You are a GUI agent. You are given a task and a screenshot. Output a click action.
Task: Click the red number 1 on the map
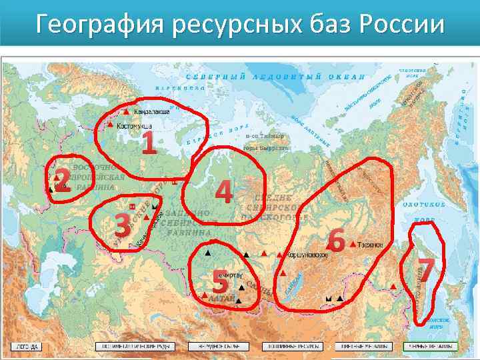click(x=149, y=142)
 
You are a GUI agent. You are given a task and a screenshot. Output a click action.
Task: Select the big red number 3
click(x=122, y=227)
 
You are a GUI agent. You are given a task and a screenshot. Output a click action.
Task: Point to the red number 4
click(x=225, y=192)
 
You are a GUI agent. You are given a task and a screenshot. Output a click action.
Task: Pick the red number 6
click(x=337, y=241)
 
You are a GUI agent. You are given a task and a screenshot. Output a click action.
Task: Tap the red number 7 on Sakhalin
click(x=427, y=269)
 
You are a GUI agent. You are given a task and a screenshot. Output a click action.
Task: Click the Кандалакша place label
click(x=151, y=111)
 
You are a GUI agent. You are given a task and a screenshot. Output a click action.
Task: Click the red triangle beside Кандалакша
click(x=127, y=111)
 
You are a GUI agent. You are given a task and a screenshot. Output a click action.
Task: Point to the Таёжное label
click(x=370, y=245)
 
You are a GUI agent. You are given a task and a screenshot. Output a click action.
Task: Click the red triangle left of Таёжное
click(x=352, y=245)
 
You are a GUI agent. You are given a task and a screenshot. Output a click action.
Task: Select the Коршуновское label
click(x=307, y=255)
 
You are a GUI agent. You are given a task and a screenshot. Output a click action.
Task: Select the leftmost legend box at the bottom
click(x=27, y=347)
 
